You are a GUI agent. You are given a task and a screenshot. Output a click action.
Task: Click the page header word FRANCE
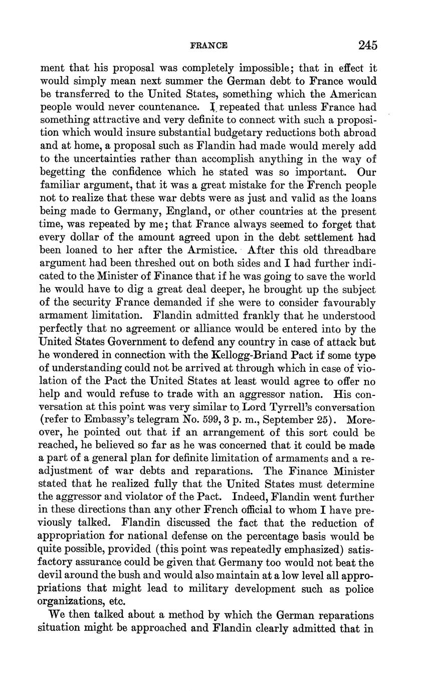click(x=209, y=46)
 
